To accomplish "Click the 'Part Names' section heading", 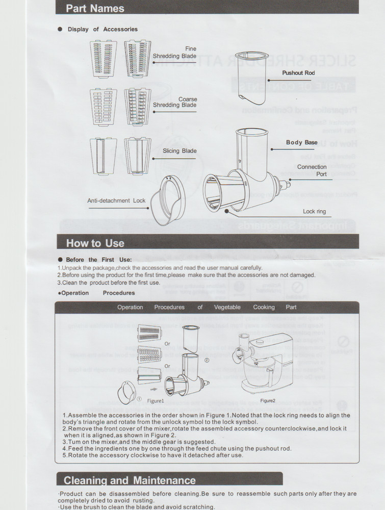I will pyautogui.click(x=95, y=8).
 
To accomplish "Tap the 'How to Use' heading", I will pyautogui.click(x=95, y=243).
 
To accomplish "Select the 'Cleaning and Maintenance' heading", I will pyautogui.click(x=130, y=480).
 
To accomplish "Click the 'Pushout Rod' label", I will pyautogui.click(x=298, y=73).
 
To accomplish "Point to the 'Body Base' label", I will pyautogui.click(x=301, y=142).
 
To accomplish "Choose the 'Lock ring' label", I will pyautogui.click(x=314, y=211).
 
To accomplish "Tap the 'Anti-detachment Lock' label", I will pyautogui.click(x=116, y=200).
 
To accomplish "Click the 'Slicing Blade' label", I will pyautogui.click(x=179, y=151).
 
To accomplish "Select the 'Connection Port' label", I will pyautogui.click(x=312, y=170).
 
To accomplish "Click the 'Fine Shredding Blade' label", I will pyautogui.click(x=174, y=53).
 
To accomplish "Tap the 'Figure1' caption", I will pyautogui.click(x=156, y=401).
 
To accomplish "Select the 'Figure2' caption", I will pyautogui.click(x=267, y=400).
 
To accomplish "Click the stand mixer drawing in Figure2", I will pyautogui.click(x=265, y=364).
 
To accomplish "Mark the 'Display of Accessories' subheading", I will pyautogui.click(x=102, y=29).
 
